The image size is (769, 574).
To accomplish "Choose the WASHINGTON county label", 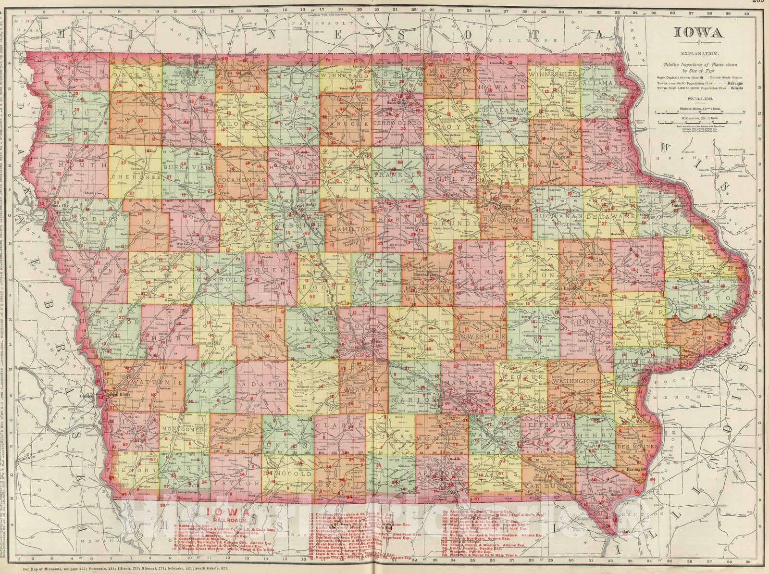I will tap(575, 380).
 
